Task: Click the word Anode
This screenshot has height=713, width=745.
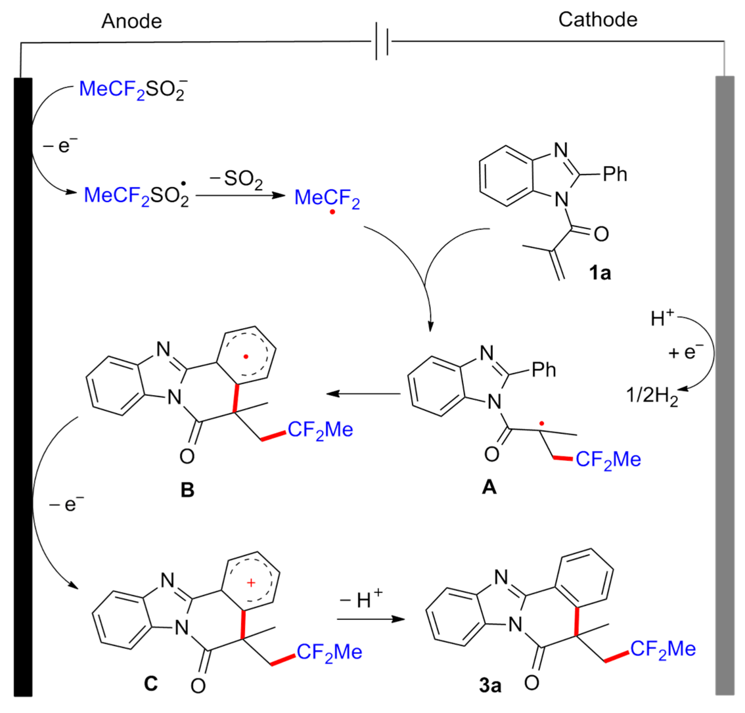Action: click(x=131, y=21)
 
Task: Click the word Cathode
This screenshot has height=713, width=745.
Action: click(x=598, y=20)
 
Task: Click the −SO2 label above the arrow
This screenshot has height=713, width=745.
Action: click(x=237, y=179)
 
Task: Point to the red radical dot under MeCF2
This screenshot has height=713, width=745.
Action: click(x=332, y=212)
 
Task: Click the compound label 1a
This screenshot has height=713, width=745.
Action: click(x=600, y=273)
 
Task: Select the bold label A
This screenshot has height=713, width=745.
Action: click(x=489, y=487)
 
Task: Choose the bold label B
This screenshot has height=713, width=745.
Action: click(x=187, y=490)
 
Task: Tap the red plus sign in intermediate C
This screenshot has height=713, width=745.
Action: click(x=251, y=583)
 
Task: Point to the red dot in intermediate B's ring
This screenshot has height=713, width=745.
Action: click(x=246, y=357)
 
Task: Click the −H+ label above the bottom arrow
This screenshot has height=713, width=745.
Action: click(x=361, y=599)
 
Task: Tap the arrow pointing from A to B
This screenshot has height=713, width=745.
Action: click(x=363, y=394)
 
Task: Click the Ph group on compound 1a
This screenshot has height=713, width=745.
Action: click(x=615, y=174)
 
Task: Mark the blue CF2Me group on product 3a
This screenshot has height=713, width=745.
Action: click(x=663, y=649)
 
